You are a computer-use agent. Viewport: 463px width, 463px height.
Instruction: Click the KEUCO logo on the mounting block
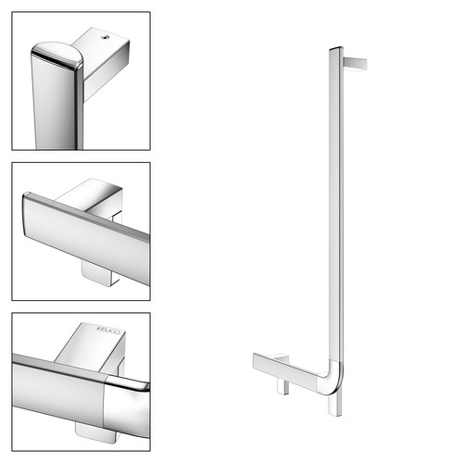108,331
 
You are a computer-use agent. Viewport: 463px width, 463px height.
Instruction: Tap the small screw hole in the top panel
106,38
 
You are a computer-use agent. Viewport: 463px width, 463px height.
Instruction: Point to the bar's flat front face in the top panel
53,105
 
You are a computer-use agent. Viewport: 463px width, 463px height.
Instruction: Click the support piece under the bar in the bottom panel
95,432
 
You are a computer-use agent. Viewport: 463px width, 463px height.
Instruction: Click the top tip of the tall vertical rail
336,48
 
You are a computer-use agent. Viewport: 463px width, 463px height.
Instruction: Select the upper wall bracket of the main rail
355,64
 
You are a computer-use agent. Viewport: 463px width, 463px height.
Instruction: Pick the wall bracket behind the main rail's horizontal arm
280,358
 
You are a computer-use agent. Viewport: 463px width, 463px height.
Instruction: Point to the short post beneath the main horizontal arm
282,386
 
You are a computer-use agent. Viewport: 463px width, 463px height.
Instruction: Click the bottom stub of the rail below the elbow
335,405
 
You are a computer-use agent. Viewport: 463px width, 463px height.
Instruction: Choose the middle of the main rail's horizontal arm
287,369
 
